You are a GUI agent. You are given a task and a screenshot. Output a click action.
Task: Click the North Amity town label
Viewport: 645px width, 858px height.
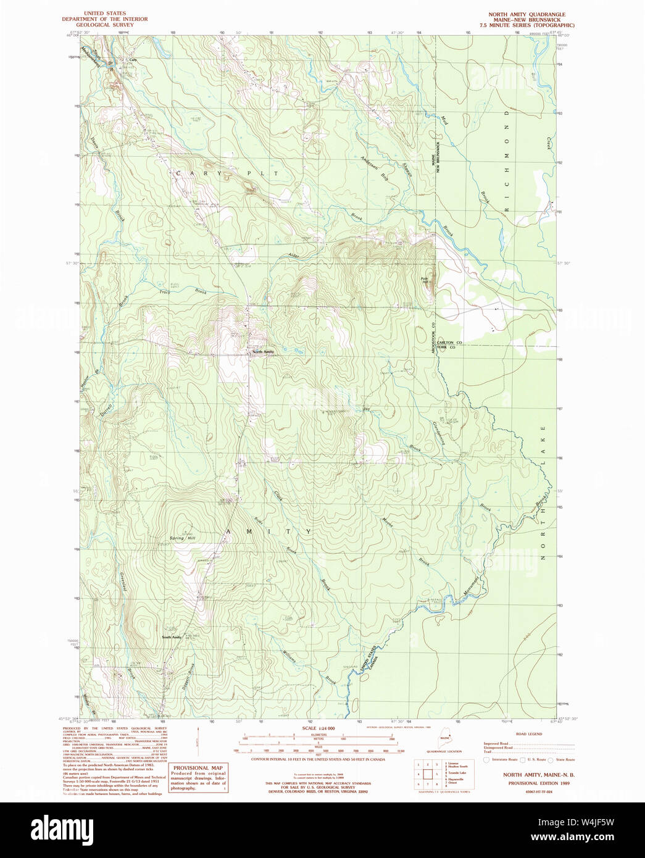click(263, 352)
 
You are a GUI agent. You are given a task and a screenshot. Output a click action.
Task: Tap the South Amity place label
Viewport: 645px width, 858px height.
click(172, 637)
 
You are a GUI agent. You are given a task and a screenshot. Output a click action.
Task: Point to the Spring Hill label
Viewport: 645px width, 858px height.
click(182, 538)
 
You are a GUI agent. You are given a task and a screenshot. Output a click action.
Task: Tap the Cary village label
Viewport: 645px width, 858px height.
click(132, 60)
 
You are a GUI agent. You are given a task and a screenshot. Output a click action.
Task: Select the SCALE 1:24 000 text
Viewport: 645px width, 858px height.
click(318, 728)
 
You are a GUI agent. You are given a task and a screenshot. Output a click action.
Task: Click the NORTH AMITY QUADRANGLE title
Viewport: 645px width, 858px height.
click(526, 14)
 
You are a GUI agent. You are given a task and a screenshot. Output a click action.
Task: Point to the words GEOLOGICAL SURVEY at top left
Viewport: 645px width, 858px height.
click(105, 25)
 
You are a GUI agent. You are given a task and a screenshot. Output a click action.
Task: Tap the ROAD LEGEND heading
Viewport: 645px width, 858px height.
click(529, 734)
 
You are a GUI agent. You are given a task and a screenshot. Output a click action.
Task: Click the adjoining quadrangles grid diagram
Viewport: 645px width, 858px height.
click(427, 774)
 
